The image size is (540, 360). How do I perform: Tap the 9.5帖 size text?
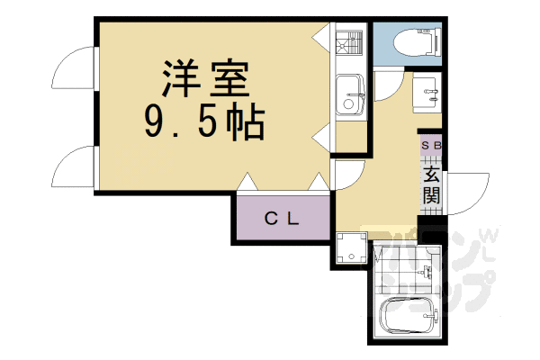pyautogui.click(x=204, y=123)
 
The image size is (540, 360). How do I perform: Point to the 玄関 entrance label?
pyautogui.click(x=432, y=184)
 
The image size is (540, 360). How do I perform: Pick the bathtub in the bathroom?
pyautogui.click(x=409, y=317)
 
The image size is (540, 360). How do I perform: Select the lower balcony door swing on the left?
pyautogui.click(x=76, y=166)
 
